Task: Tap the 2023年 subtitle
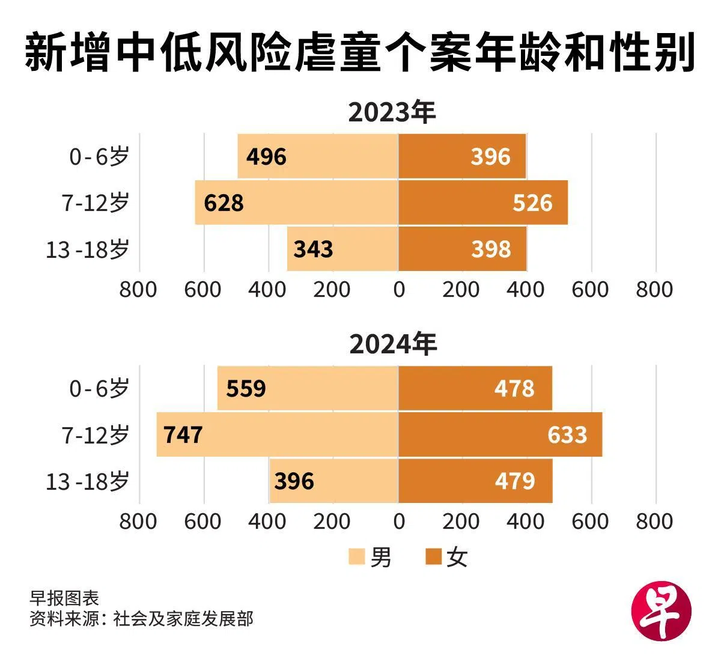(x=391, y=112)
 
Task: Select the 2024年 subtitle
(x=392, y=344)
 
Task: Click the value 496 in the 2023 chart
(x=267, y=157)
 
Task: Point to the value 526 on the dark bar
(x=532, y=203)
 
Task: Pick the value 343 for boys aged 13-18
(x=313, y=249)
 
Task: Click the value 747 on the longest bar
(x=183, y=434)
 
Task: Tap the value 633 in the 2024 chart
(x=567, y=434)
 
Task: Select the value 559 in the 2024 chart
(x=246, y=389)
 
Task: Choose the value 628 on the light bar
(x=224, y=203)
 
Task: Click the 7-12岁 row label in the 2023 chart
(x=96, y=203)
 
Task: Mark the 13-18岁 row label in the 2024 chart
(x=88, y=481)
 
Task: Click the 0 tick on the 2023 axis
(x=399, y=290)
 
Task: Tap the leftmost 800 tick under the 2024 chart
(x=138, y=522)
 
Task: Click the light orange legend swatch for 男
(x=356, y=557)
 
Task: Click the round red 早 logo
(x=662, y=613)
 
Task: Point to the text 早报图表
(x=64, y=598)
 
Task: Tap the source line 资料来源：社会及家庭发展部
(x=141, y=619)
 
